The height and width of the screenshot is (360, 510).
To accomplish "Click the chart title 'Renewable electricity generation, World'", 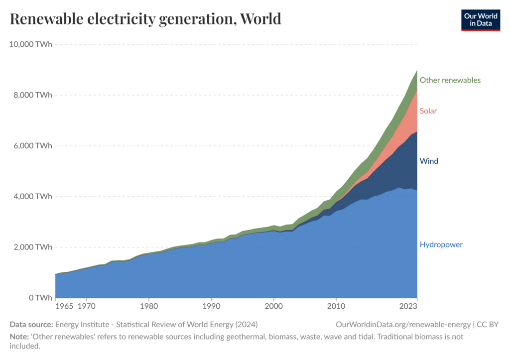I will pyautogui.click(x=145, y=19).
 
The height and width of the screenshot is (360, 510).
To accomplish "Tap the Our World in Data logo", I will pyautogui.click(x=480, y=19).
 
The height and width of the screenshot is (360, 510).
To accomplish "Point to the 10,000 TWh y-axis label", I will pyautogui.click(x=30, y=44).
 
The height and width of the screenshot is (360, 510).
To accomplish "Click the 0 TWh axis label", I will pyautogui.click(x=40, y=298).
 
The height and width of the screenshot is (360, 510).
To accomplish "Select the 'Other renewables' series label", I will pyautogui.click(x=450, y=80).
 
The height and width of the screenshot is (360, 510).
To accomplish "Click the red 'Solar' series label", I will pyautogui.click(x=428, y=111).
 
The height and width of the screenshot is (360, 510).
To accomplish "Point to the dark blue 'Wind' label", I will pyautogui.click(x=429, y=161).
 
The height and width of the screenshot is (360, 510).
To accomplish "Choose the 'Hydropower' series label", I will pyautogui.click(x=441, y=244).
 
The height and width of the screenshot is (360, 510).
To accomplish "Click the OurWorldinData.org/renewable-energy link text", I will pyautogui.click(x=403, y=325).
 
